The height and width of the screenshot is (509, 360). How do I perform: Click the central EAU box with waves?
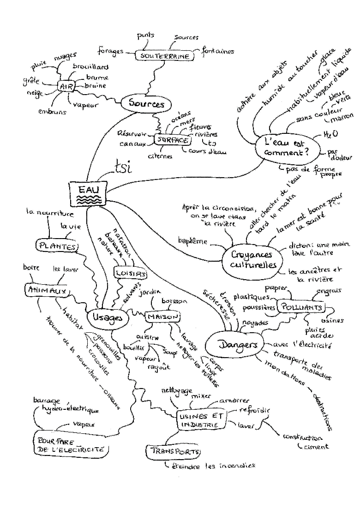[87, 194]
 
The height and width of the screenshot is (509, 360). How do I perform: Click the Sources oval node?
[146, 104]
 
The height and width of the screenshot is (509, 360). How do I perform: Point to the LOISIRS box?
[131, 274]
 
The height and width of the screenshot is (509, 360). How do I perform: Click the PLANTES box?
[57, 246]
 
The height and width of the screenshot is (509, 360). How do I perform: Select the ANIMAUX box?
[46, 290]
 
